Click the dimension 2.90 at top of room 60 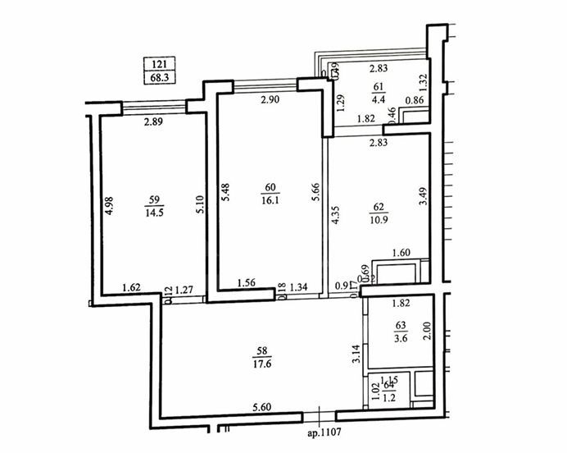271,100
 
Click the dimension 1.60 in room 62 402,253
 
